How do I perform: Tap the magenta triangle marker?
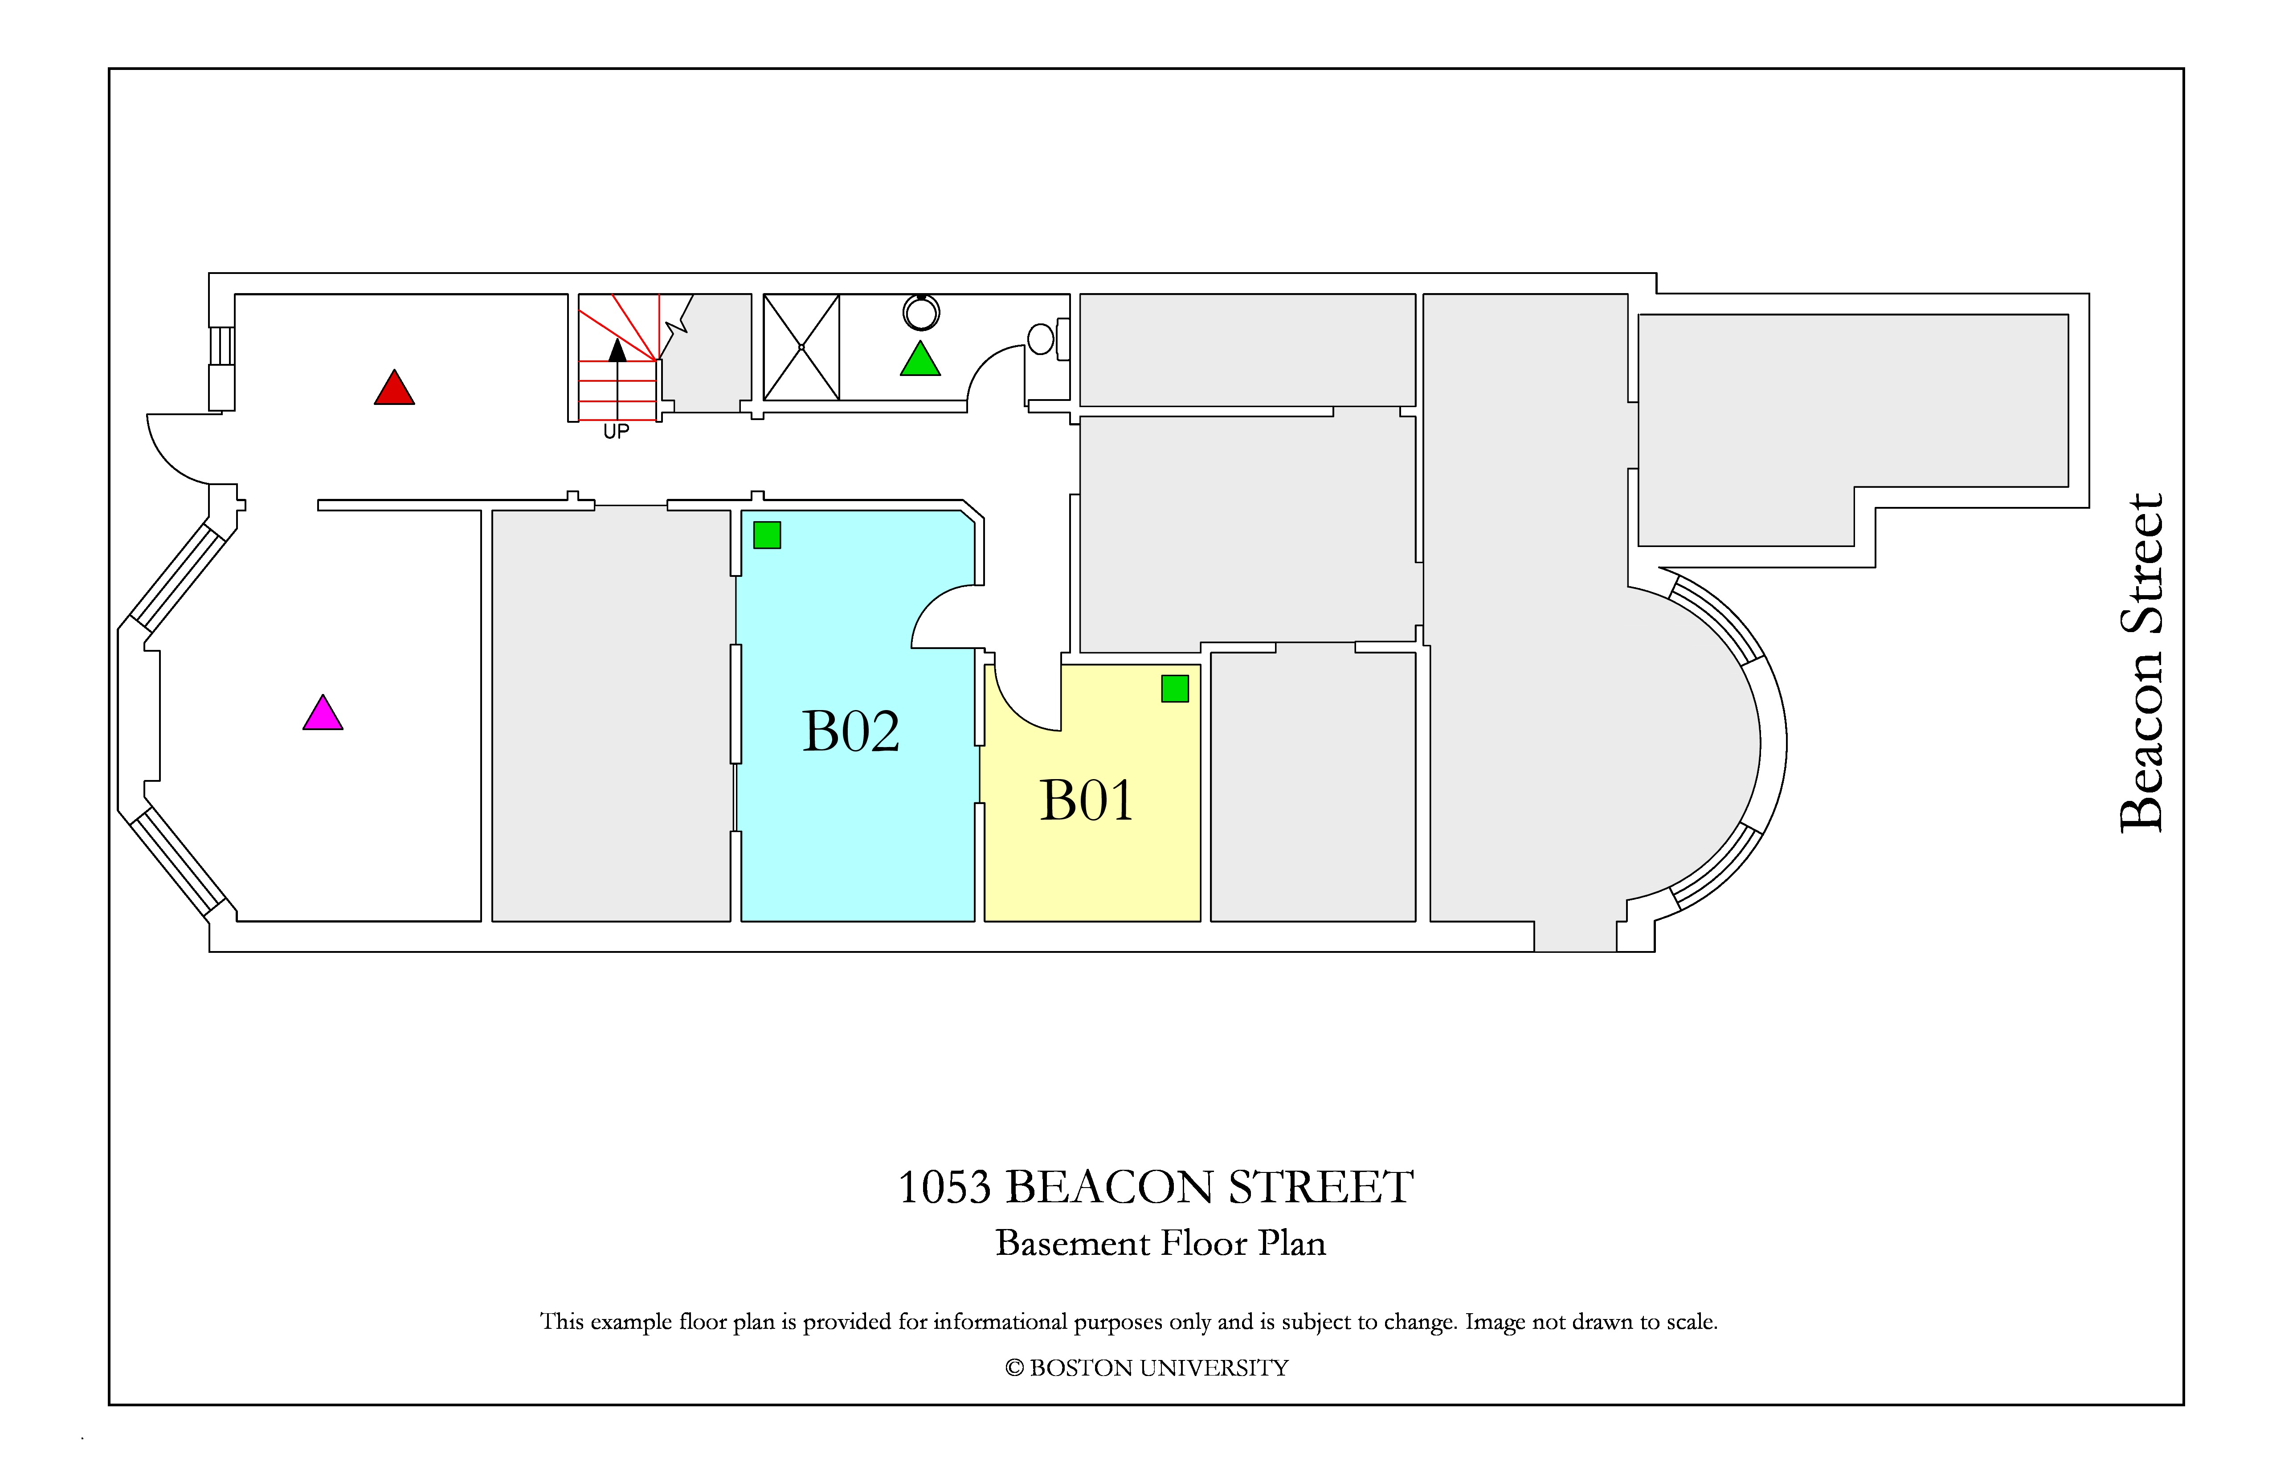tap(323, 714)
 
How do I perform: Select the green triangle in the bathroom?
tap(920, 360)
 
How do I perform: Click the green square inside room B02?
tap(767, 535)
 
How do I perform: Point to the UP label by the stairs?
tap(616, 432)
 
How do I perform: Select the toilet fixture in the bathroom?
tap(1047, 339)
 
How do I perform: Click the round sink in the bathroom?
tap(921, 312)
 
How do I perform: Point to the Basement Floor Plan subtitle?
tap(1160, 1243)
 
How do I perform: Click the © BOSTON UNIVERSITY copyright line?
tap(1147, 1368)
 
